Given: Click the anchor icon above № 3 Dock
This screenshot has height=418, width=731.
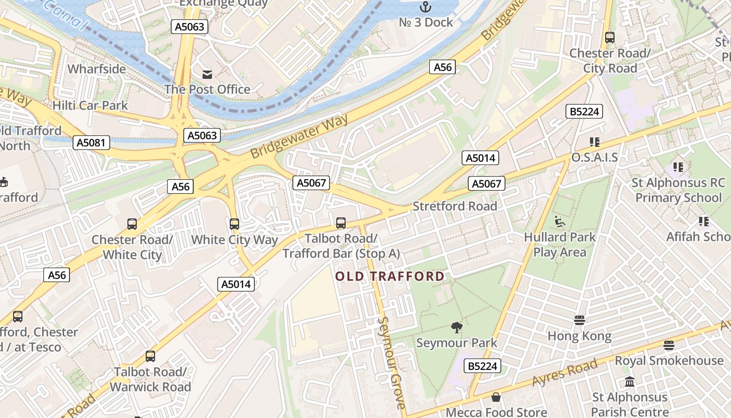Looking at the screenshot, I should point(426,7).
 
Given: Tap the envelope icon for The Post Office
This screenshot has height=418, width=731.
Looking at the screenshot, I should point(207,74).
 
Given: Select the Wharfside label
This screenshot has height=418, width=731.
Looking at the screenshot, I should point(97,69).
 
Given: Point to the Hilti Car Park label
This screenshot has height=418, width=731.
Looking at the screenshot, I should point(90,105).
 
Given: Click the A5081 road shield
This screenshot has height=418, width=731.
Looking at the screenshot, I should point(91,143).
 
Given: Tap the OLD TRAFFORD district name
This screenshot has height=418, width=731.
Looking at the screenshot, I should point(390,276).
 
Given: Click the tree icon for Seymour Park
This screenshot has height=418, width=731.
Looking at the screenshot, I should point(457,328).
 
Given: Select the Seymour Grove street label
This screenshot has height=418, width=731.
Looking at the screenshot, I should point(391,363).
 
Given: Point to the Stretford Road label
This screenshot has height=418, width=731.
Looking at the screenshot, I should point(455,206).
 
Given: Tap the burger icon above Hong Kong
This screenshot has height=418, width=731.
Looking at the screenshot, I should point(580,320).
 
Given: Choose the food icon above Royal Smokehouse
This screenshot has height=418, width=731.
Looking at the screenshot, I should point(669,345).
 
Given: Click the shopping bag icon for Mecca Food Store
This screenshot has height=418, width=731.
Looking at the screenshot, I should point(496,398).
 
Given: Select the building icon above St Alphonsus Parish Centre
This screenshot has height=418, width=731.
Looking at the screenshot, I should point(629,382).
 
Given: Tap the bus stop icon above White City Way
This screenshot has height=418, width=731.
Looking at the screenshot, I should point(234,224).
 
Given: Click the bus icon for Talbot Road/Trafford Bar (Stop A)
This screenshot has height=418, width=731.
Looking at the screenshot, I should point(341,223).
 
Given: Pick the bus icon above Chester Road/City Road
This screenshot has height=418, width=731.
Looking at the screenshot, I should point(610,38).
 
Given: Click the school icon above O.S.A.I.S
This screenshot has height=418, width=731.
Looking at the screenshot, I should point(594,142).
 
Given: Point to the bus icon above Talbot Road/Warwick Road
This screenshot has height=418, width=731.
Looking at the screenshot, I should point(150,356).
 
